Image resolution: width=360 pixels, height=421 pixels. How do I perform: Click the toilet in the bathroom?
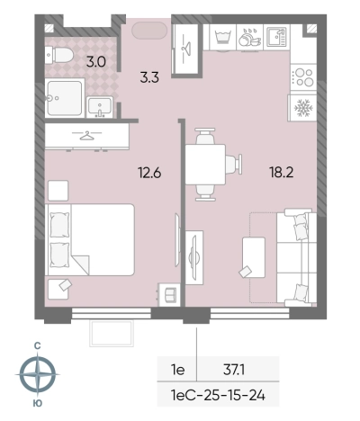59,55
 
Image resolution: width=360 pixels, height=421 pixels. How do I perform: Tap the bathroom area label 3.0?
96,62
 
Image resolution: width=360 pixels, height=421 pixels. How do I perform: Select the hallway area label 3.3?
149,77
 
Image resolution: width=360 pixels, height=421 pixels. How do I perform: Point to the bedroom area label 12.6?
149,173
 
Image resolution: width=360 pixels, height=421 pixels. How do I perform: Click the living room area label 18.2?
281,173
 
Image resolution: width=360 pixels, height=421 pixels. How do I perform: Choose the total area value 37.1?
234,370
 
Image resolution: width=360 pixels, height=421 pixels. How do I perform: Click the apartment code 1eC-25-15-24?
218,395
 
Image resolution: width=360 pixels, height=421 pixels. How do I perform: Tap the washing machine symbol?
223,37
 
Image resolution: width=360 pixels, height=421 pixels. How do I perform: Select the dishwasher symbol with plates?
249,37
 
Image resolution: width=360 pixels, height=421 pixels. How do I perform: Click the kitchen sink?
276,37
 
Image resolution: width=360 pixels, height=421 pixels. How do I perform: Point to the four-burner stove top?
303,77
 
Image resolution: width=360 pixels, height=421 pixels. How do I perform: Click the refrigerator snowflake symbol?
303,108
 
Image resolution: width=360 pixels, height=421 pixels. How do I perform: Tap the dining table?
205,165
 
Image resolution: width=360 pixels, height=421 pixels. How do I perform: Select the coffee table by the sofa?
254,257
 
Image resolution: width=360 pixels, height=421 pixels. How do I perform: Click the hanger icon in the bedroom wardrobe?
86,136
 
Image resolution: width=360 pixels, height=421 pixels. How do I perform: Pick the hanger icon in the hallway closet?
186,47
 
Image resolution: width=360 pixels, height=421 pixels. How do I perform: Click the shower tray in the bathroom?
65,98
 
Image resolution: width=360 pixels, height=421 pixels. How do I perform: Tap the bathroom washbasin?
100,107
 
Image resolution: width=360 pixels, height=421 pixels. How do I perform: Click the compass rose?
38,374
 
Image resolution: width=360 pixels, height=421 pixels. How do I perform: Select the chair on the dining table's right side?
234,164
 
